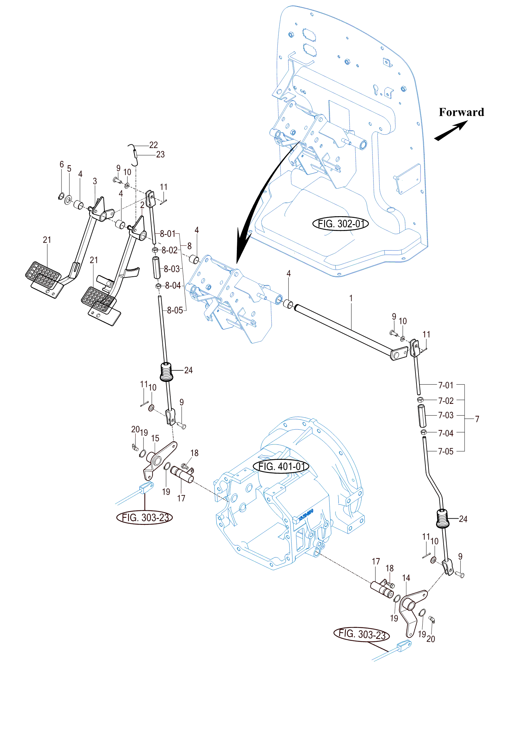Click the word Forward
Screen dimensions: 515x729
coord(461,112)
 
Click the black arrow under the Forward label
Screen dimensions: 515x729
coord(451,131)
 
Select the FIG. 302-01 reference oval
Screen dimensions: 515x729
coord(341,224)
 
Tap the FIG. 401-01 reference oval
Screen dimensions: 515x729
coord(281,466)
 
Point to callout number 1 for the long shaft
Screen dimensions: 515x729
coord(351,298)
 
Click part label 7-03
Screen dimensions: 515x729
coord(446,415)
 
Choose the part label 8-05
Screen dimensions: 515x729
coord(175,310)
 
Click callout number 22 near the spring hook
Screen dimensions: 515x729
coord(153,145)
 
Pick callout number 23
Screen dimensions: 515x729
coord(160,155)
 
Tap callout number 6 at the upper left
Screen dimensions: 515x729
coord(62,164)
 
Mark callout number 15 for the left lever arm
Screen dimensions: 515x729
coord(155,439)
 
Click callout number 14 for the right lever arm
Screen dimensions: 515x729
coord(406,578)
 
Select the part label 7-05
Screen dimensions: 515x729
coord(446,452)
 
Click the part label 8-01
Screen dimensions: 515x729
coord(168,234)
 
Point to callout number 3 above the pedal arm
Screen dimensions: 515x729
coord(95,181)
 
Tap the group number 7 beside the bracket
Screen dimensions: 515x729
coord(477,419)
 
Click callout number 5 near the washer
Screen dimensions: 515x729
coord(69,169)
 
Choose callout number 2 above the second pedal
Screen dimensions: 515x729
coord(142,205)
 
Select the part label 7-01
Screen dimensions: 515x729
coord(446,385)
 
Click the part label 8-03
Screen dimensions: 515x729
coord(172,269)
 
